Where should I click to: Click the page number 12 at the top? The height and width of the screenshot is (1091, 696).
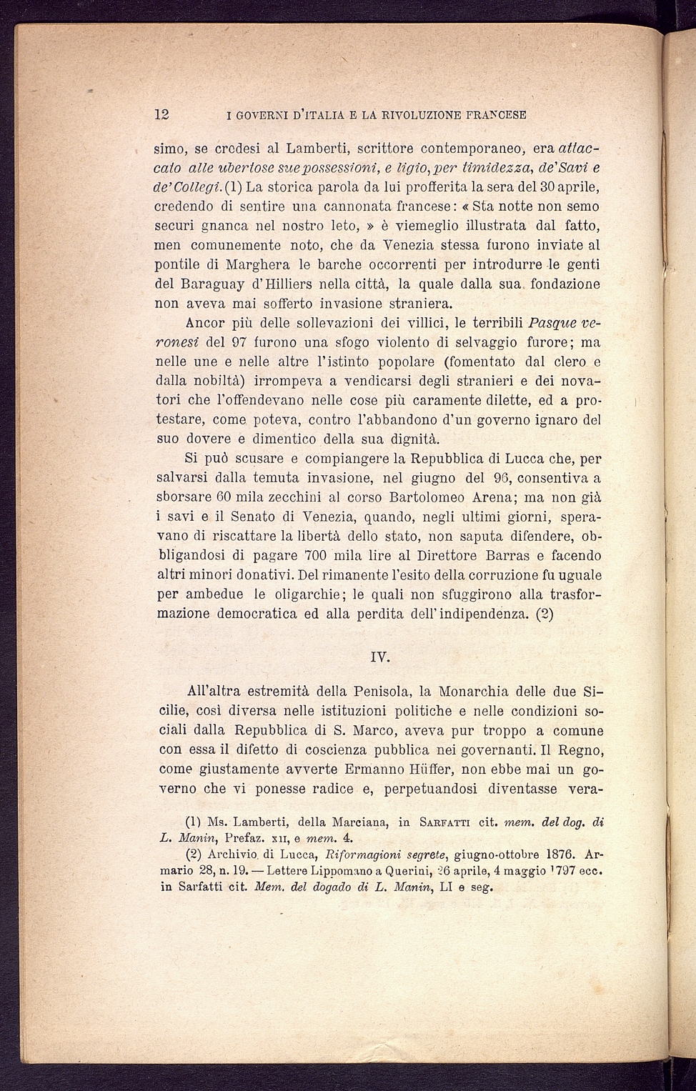pyautogui.click(x=161, y=114)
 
